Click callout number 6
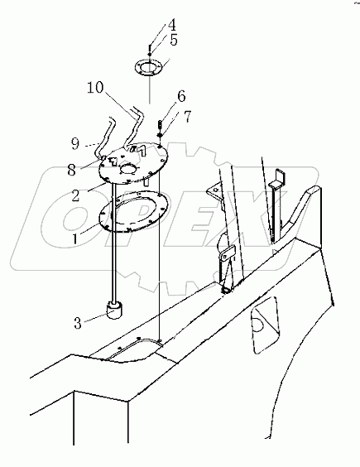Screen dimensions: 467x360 [180, 97]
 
